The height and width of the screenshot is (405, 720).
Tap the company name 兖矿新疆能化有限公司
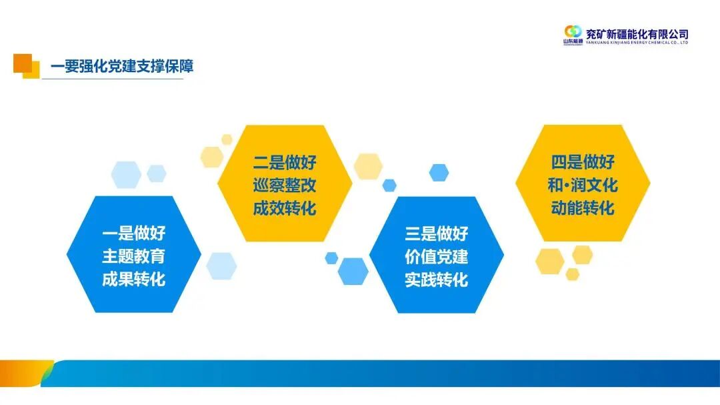(x=637, y=33)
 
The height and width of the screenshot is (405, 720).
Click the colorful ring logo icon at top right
(x=573, y=31)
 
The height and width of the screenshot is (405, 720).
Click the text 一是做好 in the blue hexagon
(x=133, y=234)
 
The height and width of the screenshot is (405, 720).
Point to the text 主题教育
(x=133, y=256)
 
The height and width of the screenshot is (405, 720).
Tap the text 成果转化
(x=133, y=278)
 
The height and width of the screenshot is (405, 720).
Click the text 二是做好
(x=285, y=163)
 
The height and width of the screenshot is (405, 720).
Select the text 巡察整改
(x=285, y=185)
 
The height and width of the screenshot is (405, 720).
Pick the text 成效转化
(x=285, y=208)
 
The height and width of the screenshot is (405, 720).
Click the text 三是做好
(x=437, y=234)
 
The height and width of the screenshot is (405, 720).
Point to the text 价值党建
(x=437, y=257)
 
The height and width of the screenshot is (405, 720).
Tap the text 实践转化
(x=437, y=279)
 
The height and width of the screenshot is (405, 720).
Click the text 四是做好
(x=583, y=163)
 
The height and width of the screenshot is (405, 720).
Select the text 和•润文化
(x=583, y=185)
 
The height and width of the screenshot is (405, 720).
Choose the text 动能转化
(x=583, y=208)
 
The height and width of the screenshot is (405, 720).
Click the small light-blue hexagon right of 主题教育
(x=221, y=266)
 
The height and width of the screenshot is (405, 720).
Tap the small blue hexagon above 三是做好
(x=439, y=173)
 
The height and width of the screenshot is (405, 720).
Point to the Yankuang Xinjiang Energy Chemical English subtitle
(x=637, y=42)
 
